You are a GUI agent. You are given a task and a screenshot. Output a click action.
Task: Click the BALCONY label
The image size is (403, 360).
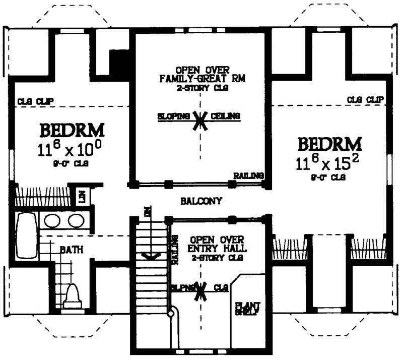point(201,201)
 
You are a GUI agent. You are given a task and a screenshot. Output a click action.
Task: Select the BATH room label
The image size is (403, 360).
point(72,249)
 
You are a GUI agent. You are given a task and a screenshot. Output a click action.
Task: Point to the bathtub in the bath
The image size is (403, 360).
point(26,235)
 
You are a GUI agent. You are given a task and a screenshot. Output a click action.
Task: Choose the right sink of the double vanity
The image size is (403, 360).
point(76,221)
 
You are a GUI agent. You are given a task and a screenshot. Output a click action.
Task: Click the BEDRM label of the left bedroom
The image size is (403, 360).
point(72,131)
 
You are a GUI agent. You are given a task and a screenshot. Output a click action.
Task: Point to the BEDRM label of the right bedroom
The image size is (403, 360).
point(330,144)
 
